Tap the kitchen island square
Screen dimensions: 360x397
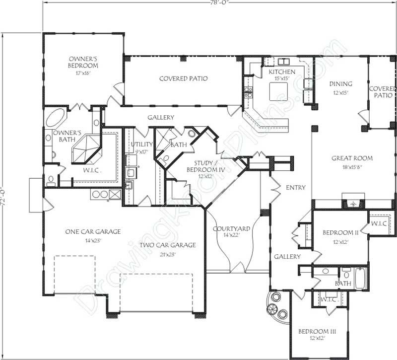pos(279,90)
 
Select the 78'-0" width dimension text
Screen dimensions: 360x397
pos(218,2)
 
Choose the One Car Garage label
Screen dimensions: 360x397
pos(93,231)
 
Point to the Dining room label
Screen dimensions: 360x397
pos(342,84)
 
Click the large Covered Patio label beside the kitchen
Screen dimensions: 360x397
pos(183,78)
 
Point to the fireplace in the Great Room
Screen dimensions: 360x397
pos(353,204)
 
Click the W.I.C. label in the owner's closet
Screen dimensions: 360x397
pos(90,170)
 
